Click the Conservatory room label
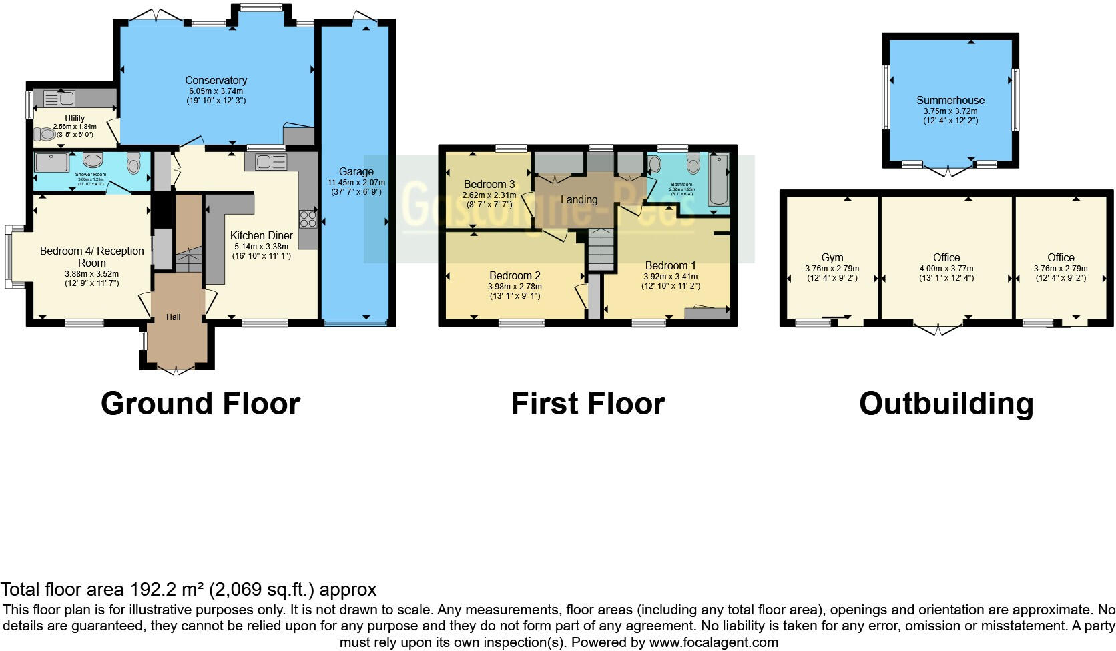tap(216, 81)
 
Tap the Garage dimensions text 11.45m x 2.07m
tap(356, 182)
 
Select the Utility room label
tap(75, 119)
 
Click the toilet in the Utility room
tap(48, 134)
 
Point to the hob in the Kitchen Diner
tap(308, 218)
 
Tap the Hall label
tap(174, 317)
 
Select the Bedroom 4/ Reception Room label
tap(92, 257)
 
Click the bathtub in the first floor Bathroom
tap(719, 179)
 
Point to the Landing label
tap(579, 199)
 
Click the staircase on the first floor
tap(601, 249)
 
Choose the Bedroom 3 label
tap(489, 184)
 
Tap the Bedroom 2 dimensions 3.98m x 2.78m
tap(515, 286)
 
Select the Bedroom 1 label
tap(670, 265)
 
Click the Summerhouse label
tap(950, 100)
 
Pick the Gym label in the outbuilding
tap(832, 257)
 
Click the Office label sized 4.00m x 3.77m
tap(946, 257)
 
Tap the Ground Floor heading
tap(200, 404)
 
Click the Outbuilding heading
tap(946, 404)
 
